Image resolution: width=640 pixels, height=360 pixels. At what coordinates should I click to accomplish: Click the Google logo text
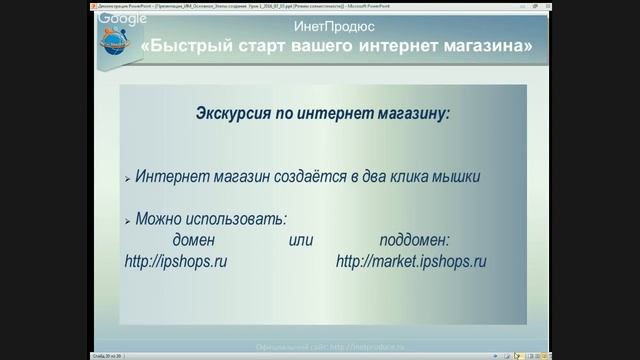(123, 19)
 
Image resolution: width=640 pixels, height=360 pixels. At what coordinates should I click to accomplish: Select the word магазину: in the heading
(407, 113)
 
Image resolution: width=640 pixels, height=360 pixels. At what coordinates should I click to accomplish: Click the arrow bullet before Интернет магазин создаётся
(128, 178)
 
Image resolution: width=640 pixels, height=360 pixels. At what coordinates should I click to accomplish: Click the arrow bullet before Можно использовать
(128, 220)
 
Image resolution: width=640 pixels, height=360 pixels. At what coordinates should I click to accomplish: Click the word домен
(194, 240)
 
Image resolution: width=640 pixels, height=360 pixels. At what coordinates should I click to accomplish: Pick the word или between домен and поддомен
(301, 240)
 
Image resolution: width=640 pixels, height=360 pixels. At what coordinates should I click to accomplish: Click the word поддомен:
(415, 240)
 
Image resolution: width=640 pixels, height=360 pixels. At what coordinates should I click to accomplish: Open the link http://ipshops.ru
(176, 262)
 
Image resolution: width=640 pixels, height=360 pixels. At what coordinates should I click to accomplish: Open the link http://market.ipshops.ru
(411, 262)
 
